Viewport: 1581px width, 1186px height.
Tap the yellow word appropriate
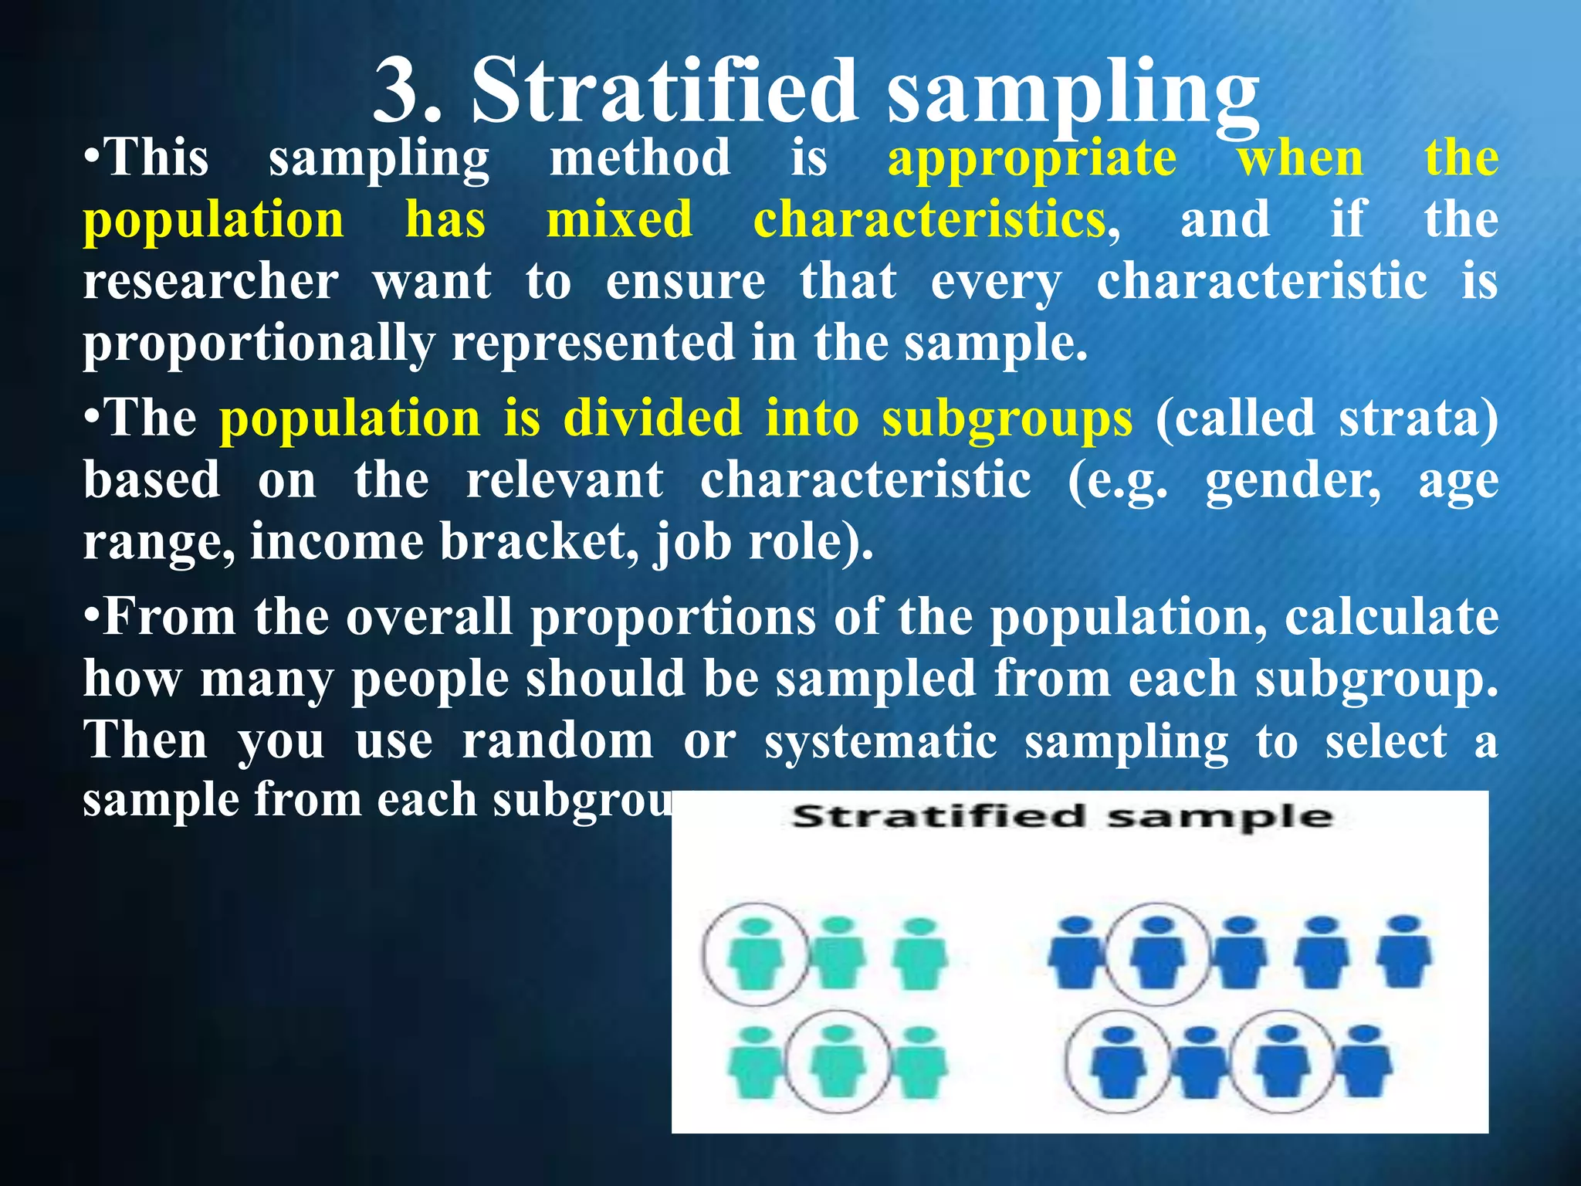point(1032,160)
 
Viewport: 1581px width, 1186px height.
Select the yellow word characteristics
point(929,220)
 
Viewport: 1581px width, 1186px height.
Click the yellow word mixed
point(619,220)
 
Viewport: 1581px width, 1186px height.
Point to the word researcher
point(211,281)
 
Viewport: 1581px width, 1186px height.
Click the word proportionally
point(259,344)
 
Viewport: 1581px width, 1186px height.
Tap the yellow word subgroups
point(1007,420)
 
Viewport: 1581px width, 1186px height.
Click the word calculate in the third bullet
point(1391,618)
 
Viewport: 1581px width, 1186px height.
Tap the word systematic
point(880,742)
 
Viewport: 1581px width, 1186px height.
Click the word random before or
point(557,742)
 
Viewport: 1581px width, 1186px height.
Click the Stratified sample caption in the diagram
point(1062,817)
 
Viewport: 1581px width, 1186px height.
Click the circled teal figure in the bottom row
point(837,1062)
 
